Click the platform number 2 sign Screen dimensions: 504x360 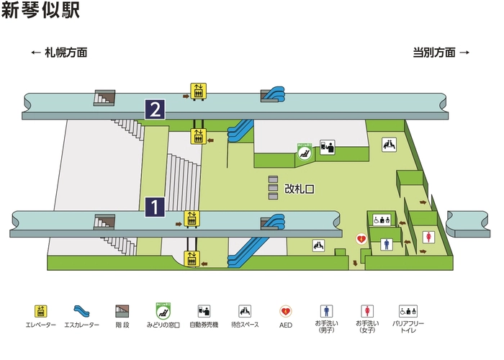(x=156, y=109)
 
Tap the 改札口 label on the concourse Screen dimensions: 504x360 (x=300, y=189)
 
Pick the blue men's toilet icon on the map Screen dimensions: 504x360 (x=386, y=244)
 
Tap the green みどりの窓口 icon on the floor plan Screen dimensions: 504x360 (x=305, y=150)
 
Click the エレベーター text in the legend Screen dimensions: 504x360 (x=40, y=326)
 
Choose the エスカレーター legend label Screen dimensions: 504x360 (x=81, y=326)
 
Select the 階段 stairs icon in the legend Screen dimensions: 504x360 (x=122, y=311)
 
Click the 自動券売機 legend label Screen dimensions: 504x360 (x=204, y=326)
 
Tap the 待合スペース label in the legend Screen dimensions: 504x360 (x=245, y=326)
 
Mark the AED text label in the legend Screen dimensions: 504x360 (x=285, y=326)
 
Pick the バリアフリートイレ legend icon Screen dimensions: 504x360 (x=409, y=311)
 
